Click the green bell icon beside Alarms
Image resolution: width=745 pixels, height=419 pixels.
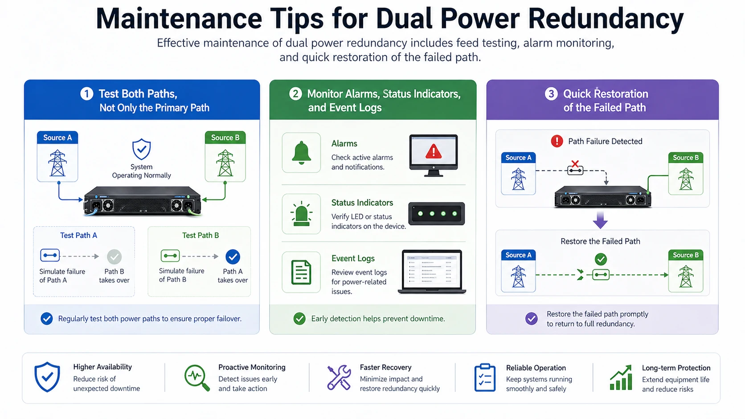click(x=301, y=153)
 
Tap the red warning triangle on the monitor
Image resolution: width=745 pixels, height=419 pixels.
click(x=433, y=152)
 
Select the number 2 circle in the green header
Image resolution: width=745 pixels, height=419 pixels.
click(x=295, y=94)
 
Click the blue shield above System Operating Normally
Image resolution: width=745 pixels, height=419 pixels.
click(x=141, y=150)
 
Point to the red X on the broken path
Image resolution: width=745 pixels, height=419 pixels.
click(x=575, y=164)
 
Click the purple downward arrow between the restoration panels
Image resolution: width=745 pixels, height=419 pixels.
click(x=600, y=220)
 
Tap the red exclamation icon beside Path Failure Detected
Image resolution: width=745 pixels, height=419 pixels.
click(x=557, y=141)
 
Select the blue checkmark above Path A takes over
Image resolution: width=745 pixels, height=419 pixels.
click(x=233, y=256)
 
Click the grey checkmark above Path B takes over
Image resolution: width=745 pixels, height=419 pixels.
click(x=114, y=256)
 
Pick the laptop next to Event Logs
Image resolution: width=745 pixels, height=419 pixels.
click(x=432, y=272)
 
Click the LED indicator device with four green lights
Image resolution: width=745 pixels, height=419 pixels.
click(x=437, y=214)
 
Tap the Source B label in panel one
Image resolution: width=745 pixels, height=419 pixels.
click(x=225, y=138)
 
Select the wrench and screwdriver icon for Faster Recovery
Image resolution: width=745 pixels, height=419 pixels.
click(x=339, y=378)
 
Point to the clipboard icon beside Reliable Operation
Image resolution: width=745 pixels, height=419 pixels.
click(x=485, y=378)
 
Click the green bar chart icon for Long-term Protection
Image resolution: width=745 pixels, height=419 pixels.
click(x=621, y=378)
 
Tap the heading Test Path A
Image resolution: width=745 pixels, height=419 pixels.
click(x=78, y=235)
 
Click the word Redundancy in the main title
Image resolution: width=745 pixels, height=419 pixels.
click(x=606, y=19)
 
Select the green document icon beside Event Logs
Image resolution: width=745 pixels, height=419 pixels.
click(x=301, y=272)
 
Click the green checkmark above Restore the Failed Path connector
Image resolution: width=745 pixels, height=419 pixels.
click(x=601, y=259)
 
